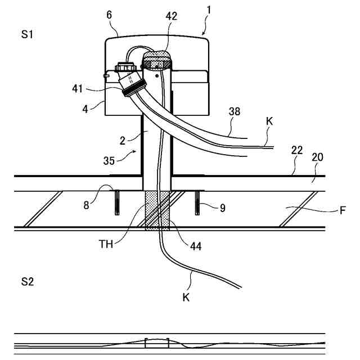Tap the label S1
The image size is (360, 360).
28,34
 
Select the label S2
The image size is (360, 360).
28,282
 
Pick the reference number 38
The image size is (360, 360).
235,111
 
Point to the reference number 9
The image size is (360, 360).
223,208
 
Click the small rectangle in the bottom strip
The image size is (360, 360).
157,342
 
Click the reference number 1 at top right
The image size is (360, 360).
209,10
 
